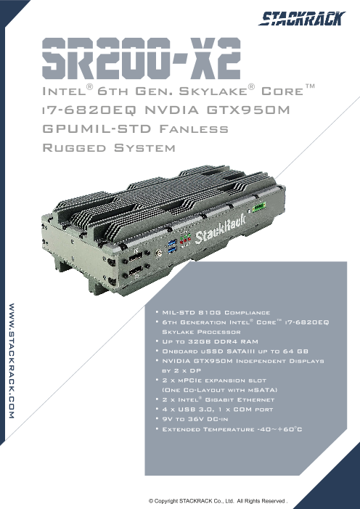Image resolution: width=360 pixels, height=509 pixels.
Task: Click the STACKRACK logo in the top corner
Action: click(302, 18)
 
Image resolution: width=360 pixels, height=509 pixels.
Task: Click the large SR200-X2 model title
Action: click(142, 58)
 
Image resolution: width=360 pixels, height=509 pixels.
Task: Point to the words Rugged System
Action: click(109, 148)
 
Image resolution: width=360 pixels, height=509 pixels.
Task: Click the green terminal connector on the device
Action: click(259, 206)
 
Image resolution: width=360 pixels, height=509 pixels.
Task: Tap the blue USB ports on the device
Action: click(173, 245)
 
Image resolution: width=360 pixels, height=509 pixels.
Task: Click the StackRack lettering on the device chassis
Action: click(220, 229)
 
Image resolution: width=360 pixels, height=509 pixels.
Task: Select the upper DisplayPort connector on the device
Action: click(135, 258)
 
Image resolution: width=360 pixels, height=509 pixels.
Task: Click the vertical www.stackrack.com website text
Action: click(12, 361)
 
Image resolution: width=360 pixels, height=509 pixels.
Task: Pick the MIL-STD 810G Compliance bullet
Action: click(216, 313)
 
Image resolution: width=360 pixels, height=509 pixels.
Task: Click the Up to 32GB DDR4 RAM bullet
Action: click(210, 341)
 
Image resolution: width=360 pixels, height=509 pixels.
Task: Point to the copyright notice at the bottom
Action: click(218, 500)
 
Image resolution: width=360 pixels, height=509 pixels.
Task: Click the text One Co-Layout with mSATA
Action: click(220, 390)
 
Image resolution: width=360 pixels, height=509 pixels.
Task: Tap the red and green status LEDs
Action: click(185, 239)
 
